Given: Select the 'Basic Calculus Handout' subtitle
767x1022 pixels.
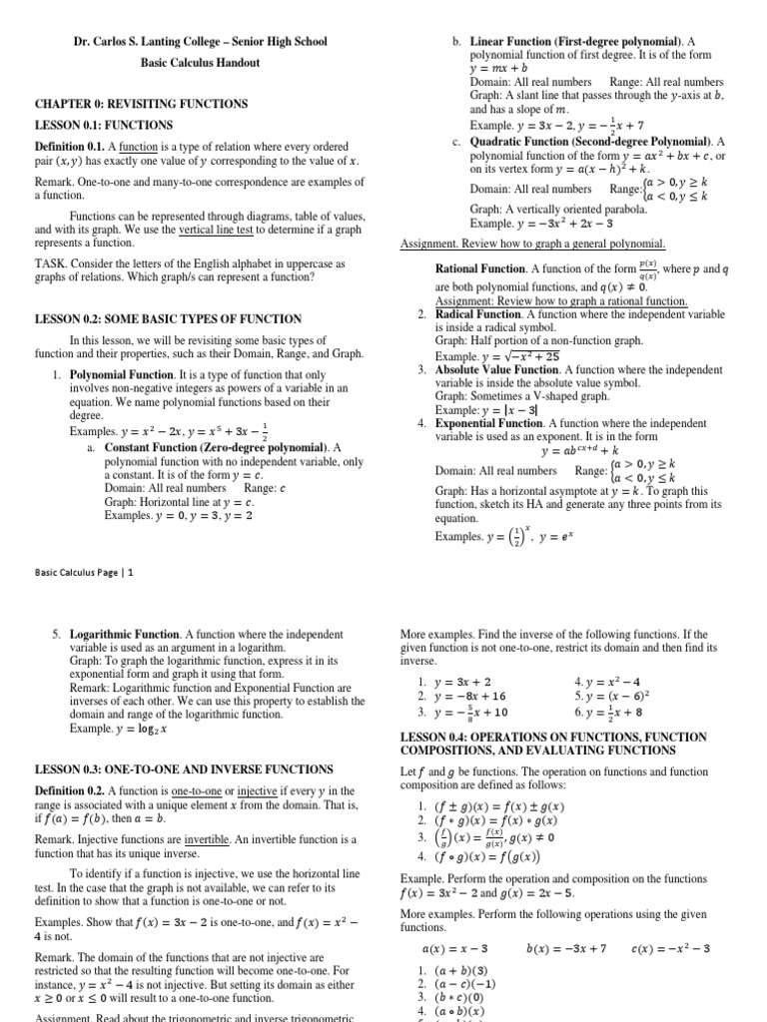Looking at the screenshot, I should [x=200, y=63].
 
